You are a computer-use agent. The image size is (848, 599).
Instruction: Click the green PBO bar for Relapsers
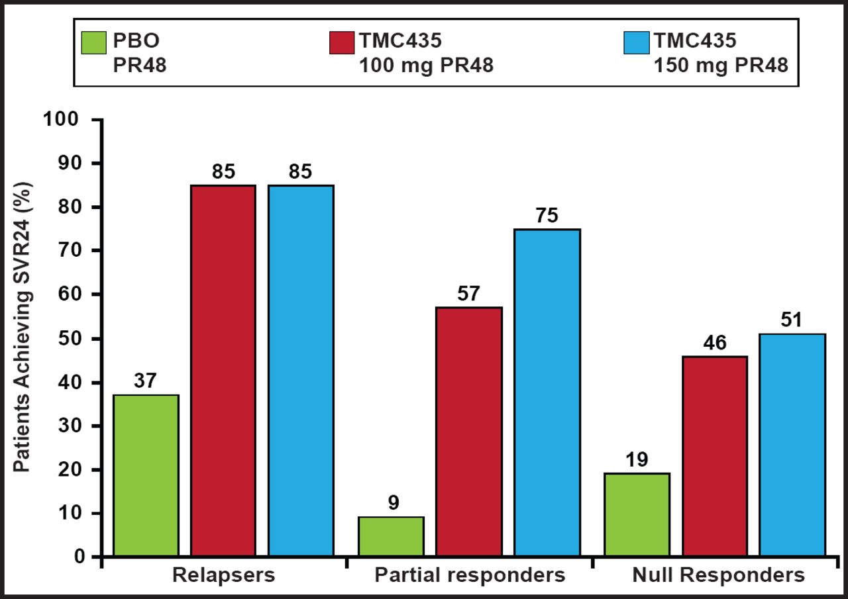click(146, 475)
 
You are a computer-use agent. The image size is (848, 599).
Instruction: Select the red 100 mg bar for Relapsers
click(223, 371)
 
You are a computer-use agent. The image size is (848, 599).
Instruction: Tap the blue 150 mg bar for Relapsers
click(301, 371)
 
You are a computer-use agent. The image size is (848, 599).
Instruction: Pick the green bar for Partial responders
click(391, 537)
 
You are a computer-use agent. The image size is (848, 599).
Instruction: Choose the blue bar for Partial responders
click(547, 392)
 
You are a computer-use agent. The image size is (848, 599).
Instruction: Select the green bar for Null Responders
click(637, 515)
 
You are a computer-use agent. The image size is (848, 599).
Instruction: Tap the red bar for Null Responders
click(715, 456)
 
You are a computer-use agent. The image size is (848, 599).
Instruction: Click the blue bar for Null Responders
click(792, 445)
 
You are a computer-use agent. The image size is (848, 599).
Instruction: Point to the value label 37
click(146, 382)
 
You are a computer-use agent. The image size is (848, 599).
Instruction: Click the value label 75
click(547, 216)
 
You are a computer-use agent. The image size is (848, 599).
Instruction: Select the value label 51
click(792, 321)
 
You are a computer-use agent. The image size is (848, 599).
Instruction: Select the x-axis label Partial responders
click(470, 575)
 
